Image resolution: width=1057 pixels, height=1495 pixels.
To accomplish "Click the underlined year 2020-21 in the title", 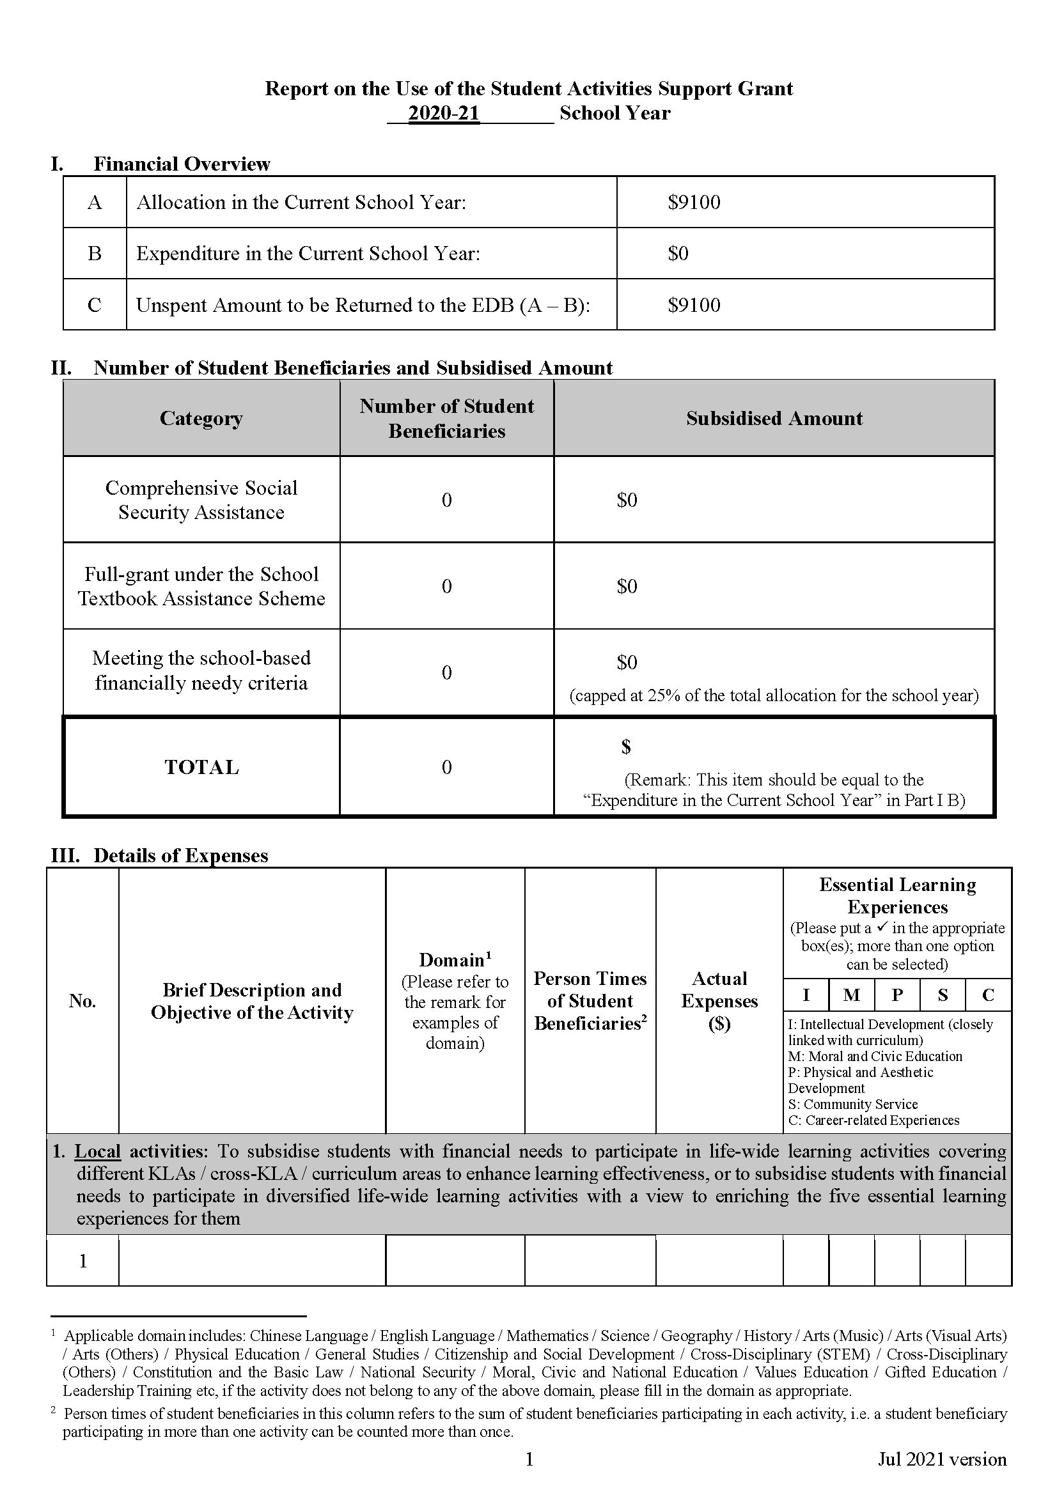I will tap(444, 113).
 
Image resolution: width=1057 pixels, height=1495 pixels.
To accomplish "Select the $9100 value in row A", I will tap(694, 203).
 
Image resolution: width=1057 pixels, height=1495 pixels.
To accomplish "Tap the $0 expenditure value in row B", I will tap(678, 253).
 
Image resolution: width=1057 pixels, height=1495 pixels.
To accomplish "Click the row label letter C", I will tap(95, 305).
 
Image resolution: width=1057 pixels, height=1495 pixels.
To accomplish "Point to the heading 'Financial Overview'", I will tap(181, 164).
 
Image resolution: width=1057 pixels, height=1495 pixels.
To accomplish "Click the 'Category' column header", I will tap(201, 418).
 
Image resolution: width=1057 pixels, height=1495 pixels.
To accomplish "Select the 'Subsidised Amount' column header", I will tap(774, 418).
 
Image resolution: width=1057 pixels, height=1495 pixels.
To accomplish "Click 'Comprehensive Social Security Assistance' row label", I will tap(201, 500).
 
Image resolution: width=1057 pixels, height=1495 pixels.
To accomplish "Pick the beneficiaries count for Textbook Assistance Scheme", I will tap(447, 587).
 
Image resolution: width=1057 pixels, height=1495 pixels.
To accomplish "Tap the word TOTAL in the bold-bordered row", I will tap(201, 767).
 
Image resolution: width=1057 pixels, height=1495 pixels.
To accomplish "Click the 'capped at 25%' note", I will tap(774, 695).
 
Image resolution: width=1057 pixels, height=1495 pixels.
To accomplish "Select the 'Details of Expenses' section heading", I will tap(180, 855).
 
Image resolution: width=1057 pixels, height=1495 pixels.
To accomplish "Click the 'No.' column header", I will tap(82, 1001).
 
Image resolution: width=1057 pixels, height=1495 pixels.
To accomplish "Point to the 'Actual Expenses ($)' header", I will tap(719, 1001).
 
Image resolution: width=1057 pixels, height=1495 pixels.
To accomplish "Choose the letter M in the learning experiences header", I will tap(851, 995).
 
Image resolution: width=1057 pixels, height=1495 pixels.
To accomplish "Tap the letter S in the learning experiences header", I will tap(943, 995).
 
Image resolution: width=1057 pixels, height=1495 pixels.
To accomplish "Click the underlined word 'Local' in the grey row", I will tap(98, 1151).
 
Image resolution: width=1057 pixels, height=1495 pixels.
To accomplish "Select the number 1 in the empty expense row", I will tap(82, 1261).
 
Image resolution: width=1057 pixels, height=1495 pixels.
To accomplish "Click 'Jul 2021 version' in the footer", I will tap(942, 1459).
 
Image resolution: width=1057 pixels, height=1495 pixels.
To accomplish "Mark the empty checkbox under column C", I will tap(988, 1261).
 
